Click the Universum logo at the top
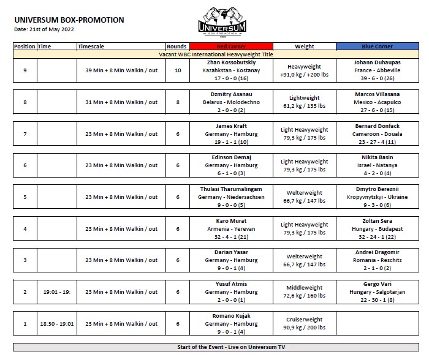(222, 23)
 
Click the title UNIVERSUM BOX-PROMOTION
(69, 20)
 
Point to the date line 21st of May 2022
(45, 29)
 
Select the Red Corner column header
(232, 46)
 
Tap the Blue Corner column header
(378, 46)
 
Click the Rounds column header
(177, 46)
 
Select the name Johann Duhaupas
(378, 62)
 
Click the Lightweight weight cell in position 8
(305, 98)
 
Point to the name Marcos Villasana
(378, 94)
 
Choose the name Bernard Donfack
(378, 126)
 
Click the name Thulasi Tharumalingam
(232, 189)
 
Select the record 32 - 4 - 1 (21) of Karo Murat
(232, 236)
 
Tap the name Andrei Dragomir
(378, 252)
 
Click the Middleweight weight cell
(305, 288)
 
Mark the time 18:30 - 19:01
(55, 324)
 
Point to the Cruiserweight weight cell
(305, 320)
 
